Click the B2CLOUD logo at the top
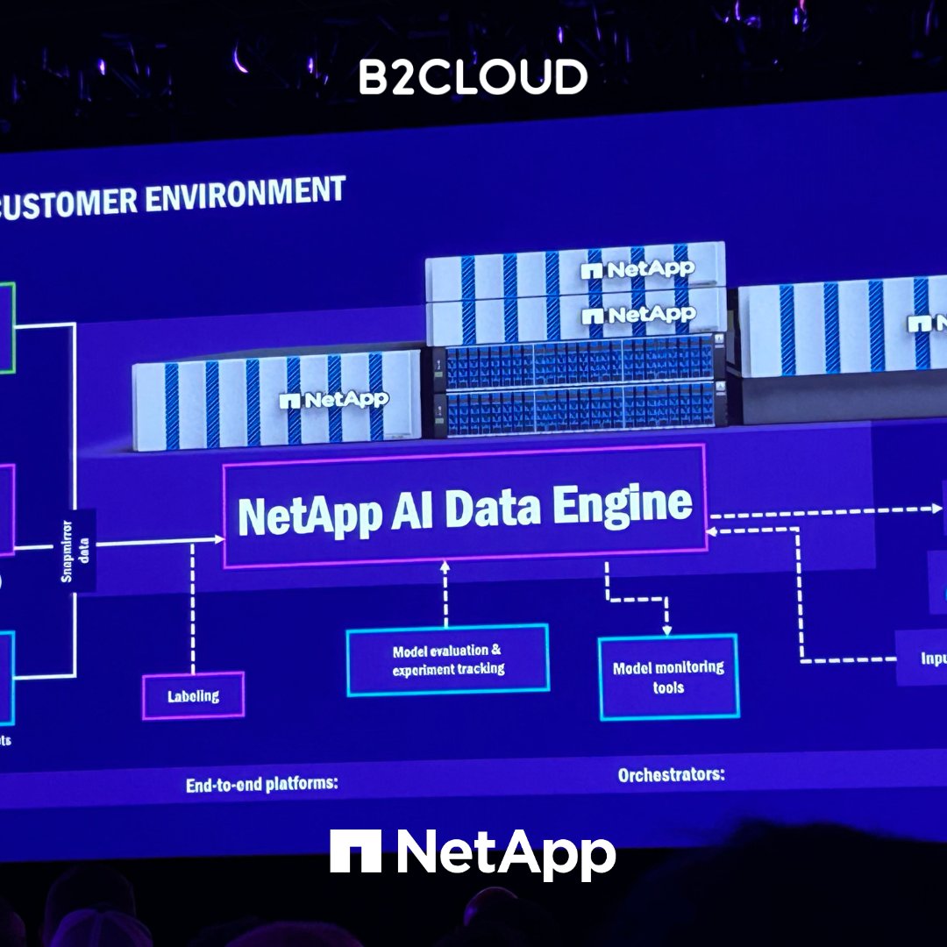[473, 78]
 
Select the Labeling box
[193, 696]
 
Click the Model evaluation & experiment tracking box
[448, 660]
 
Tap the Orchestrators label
[672, 775]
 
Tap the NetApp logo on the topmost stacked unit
[637, 269]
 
